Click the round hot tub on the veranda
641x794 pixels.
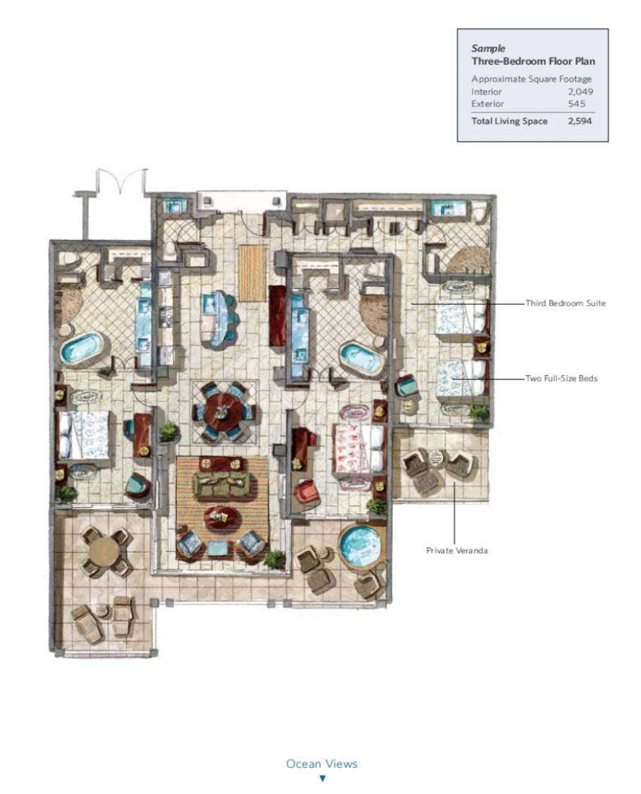coord(360,545)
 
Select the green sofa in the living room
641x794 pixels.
coord(221,485)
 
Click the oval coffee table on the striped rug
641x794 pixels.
coord(223,517)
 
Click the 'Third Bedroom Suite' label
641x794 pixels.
coord(565,303)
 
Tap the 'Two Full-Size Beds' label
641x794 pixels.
coord(561,378)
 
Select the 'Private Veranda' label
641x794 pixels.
coord(457,551)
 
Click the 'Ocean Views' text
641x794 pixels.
coord(322,764)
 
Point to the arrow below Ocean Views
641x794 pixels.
coord(322,778)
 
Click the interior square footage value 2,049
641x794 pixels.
coord(580,92)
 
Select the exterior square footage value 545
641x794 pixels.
coord(577,104)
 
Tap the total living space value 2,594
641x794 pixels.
coord(580,121)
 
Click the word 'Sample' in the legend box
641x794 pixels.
coord(488,49)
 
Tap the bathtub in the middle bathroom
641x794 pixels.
coord(362,359)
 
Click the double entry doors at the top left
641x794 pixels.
coord(120,180)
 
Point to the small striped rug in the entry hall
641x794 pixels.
coord(252,273)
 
